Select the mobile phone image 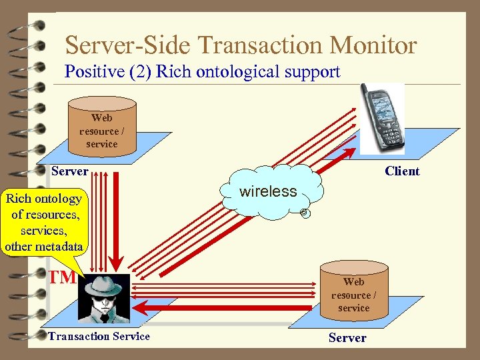click(382, 118)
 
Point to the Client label click(402, 171)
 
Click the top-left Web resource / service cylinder click(102, 126)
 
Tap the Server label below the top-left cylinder click(69, 171)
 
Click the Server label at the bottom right click(347, 338)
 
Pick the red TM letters click(61, 277)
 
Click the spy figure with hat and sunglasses click(104, 297)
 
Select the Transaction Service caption click(99, 336)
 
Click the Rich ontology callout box click(44, 222)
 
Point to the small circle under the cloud click(303, 213)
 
